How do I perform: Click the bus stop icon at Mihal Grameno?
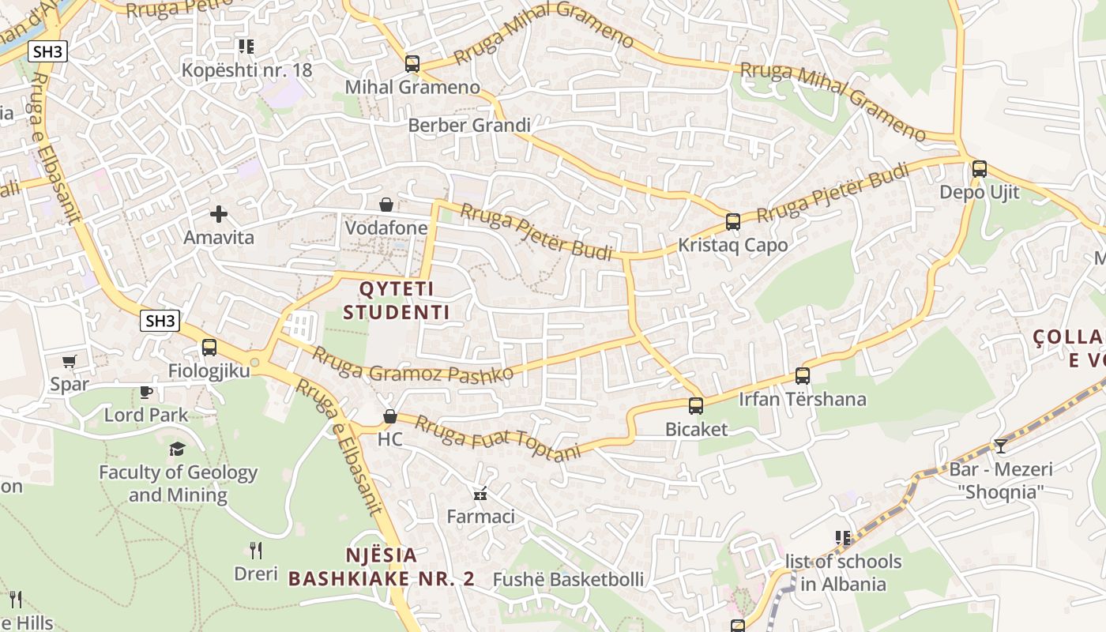click(x=412, y=63)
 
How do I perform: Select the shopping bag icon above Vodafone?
click(x=386, y=205)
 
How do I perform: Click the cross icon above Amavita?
click(x=219, y=213)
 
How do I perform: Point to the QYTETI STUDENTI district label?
click(x=397, y=300)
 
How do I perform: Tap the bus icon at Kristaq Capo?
click(x=733, y=221)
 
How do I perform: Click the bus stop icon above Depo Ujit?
click(x=980, y=168)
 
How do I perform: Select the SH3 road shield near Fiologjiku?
click(x=160, y=321)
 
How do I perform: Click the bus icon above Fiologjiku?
click(x=209, y=347)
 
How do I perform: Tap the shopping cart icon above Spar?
click(x=69, y=361)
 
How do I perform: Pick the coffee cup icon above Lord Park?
click(x=146, y=391)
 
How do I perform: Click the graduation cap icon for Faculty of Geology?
click(x=177, y=449)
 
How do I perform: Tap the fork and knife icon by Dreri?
click(x=255, y=550)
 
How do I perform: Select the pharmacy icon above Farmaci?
click(x=480, y=495)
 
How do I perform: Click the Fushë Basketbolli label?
click(x=568, y=579)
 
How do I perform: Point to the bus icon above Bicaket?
click(x=695, y=406)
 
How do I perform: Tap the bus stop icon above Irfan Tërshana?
click(x=803, y=375)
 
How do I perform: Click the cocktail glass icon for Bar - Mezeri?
click(x=1001, y=446)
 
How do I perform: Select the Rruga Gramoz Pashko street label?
click(x=412, y=364)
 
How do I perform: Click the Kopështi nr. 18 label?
click(x=246, y=70)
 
